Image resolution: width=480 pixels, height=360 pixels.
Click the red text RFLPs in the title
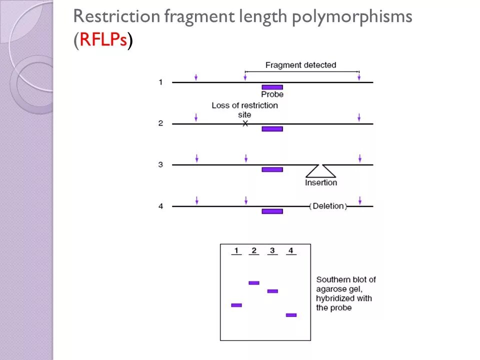[x=102, y=40]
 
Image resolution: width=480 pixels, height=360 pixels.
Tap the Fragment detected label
[x=300, y=65]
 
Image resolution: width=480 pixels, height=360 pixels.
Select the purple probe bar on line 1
[x=272, y=87]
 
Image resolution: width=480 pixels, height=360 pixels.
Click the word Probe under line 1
[x=272, y=94]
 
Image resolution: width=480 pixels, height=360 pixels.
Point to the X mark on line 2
[x=245, y=123]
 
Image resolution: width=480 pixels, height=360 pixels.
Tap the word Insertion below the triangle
[x=321, y=182]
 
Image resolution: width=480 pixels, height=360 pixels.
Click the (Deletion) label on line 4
[x=328, y=206]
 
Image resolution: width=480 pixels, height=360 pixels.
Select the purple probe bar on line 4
[x=272, y=211]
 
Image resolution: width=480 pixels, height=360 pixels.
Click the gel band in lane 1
[x=236, y=305]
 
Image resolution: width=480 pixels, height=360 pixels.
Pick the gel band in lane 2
[x=254, y=283]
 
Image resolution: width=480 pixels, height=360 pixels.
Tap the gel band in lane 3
[x=272, y=291]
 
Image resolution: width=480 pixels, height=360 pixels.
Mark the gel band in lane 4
[x=291, y=315]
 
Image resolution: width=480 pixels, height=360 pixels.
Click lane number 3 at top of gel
[x=272, y=250]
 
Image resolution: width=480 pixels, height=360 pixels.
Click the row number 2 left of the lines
[x=160, y=123]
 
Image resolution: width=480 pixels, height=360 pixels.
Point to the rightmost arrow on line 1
[x=358, y=77]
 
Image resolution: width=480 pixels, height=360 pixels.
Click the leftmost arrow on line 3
[x=196, y=158]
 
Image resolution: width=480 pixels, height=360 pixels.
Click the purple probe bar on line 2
[x=272, y=129]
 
